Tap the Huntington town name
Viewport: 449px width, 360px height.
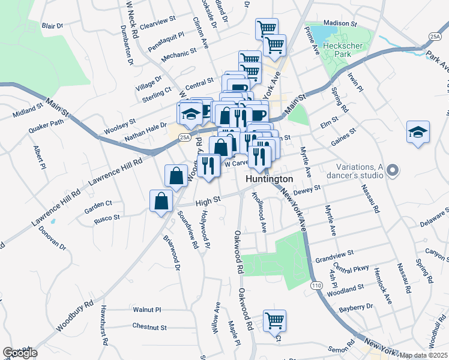coord(270,179)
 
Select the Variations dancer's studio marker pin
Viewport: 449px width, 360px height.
coord(393,171)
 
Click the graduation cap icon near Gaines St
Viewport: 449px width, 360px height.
coord(418,133)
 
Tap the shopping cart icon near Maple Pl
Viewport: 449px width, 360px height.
coord(274,320)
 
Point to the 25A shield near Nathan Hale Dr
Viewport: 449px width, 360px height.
coord(184,137)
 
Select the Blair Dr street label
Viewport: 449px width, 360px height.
coord(52,26)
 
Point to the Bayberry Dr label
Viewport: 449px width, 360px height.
coord(356,307)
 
